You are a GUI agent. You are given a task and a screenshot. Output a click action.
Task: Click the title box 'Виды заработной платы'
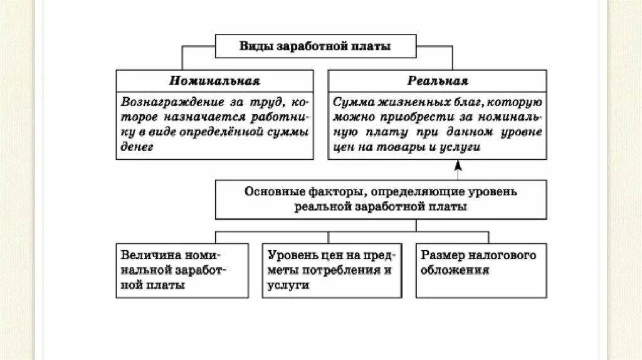point(315,47)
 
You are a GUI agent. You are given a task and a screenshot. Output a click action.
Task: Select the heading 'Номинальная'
point(214,81)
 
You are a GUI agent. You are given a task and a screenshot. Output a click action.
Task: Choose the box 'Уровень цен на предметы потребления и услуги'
point(332,270)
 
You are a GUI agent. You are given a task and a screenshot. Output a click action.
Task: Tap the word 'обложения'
point(455,270)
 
